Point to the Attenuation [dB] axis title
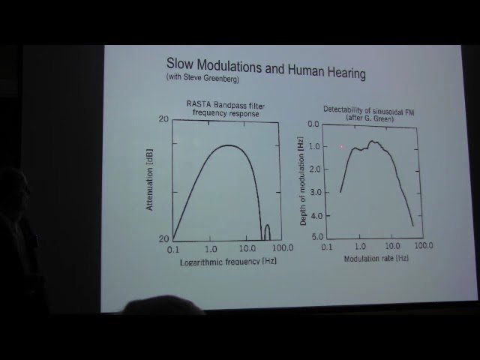(149, 180)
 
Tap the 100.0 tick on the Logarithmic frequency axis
(282, 248)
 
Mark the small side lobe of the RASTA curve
(266, 232)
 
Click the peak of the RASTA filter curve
(228, 145)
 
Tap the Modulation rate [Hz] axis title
(376, 258)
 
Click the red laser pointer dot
(342, 147)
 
